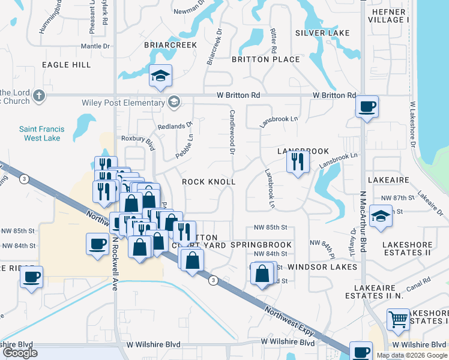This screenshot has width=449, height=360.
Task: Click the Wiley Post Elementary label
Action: click(123, 103)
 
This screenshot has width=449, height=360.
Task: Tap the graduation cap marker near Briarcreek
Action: click(161, 76)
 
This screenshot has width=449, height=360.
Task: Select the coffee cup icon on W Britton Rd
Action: click(367, 107)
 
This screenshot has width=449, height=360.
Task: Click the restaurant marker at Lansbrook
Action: click(298, 161)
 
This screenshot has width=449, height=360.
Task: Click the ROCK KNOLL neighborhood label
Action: click(208, 182)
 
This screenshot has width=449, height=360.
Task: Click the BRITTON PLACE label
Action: click(266, 59)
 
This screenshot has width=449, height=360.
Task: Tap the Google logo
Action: click(20, 353)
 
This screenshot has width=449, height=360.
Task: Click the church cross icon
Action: click(39, 95)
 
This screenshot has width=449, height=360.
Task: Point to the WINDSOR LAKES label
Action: click(322, 266)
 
